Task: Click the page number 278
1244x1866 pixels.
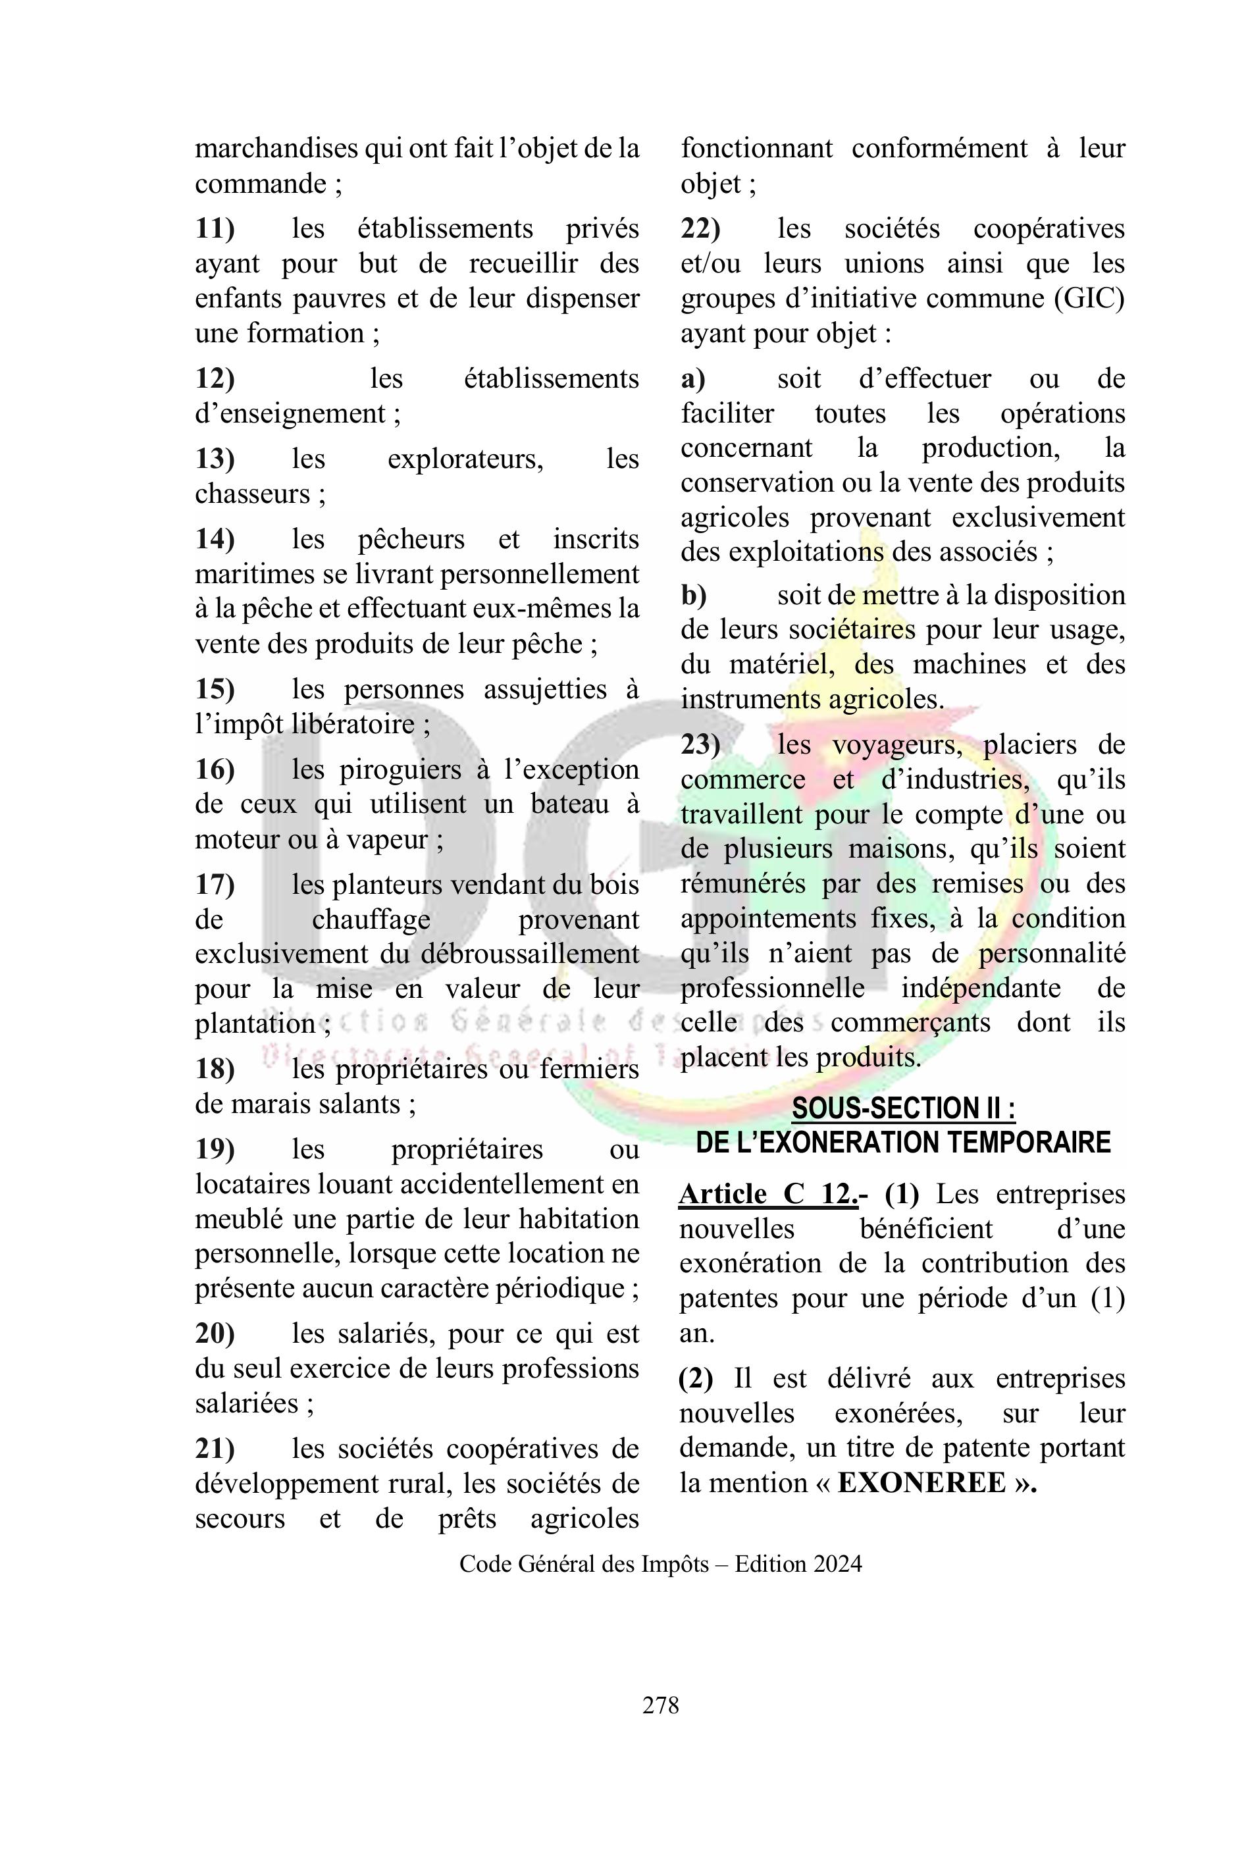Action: (x=660, y=1705)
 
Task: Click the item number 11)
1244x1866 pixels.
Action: (x=215, y=229)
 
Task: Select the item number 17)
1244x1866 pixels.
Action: (x=215, y=885)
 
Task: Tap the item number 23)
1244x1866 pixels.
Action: (x=700, y=745)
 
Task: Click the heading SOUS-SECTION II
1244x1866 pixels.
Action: (x=903, y=1108)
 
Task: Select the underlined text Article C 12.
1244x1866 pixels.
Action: (x=767, y=1194)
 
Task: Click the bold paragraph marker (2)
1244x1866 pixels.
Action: (x=696, y=1379)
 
